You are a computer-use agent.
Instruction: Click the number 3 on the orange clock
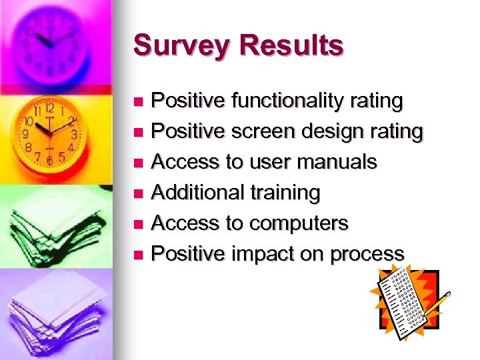point(75,133)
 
